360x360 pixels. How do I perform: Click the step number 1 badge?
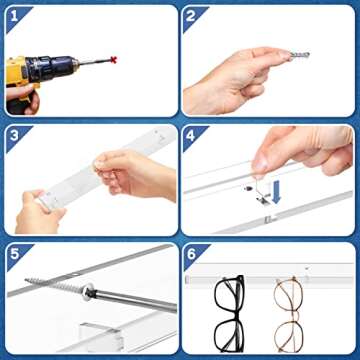point(14,15)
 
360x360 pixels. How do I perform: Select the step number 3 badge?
point(14,134)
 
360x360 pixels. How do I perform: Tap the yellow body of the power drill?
point(20,75)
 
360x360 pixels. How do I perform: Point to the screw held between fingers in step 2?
point(298,54)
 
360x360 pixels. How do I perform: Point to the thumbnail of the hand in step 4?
point(262,160)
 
